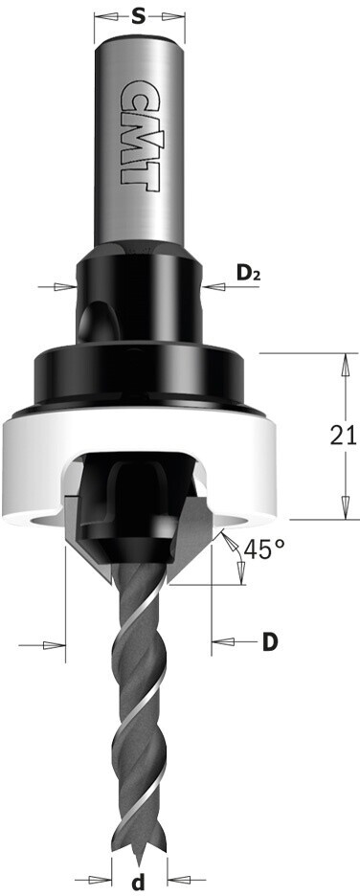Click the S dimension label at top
[138, 17]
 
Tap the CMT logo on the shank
[138, 135]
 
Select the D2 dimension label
[248, 275]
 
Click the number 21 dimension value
[343, 436]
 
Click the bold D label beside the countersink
[270, 643]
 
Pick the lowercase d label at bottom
[140, 878]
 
